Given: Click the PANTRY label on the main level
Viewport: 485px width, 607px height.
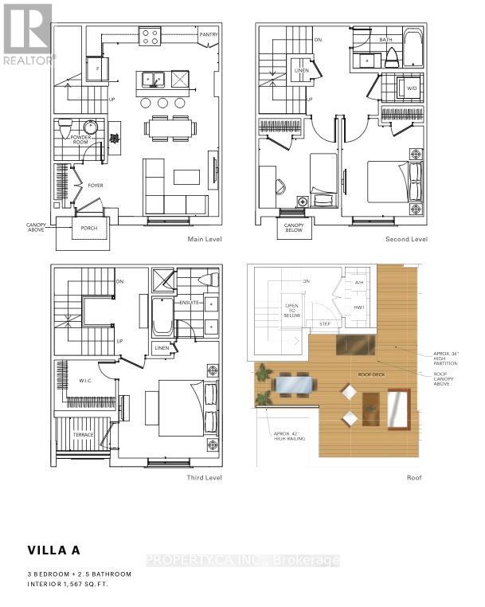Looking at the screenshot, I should pyautogui.click(x=209, y=35).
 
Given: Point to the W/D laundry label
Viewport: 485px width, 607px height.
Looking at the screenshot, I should pyautogui.click(x=412, y=89).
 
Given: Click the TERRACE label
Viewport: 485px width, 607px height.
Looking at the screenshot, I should pyautogui.click(x=84, y=434).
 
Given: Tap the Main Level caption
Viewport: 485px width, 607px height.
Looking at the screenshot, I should pyautogui.click(x=204, y=240).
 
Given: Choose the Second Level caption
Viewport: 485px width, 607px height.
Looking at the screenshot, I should pyautogui.click(x=406, y=240).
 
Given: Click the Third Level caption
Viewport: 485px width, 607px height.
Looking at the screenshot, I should pyautogui.click(x=205, y=478).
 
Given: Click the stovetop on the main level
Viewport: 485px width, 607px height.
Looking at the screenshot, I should pyautogui.click(x=149, y=34).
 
